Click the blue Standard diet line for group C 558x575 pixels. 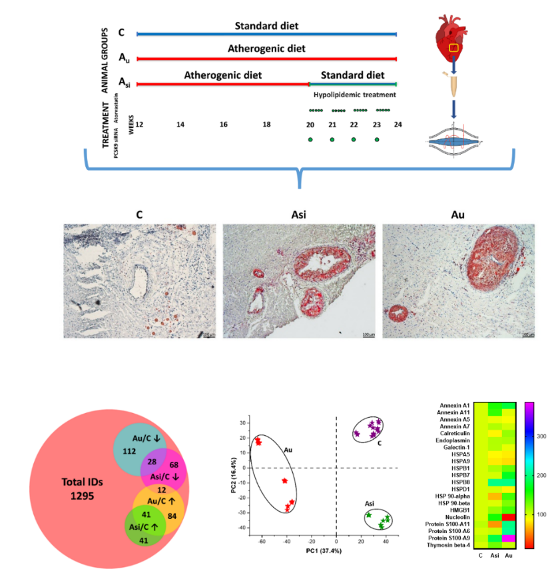pos(266,33)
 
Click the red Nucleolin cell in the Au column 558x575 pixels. pos(509,515)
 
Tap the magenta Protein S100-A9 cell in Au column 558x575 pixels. pos(509,538)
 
